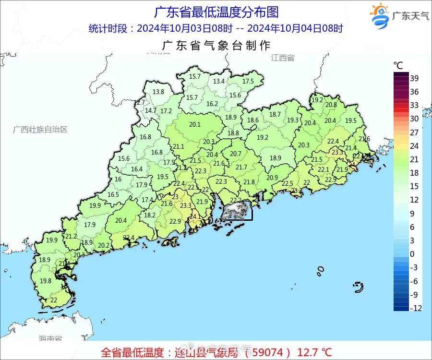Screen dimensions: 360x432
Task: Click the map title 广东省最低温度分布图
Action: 216,12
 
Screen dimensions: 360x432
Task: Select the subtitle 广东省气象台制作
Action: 216,46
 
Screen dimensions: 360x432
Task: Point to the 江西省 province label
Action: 282,58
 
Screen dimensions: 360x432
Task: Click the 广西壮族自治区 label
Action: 40,130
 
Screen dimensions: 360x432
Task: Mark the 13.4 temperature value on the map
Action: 219,82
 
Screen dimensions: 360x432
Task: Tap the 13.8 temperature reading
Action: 158,92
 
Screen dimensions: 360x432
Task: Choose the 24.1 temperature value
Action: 195,216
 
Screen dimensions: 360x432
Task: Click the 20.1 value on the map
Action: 195,124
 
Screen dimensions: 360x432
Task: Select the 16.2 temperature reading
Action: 212,104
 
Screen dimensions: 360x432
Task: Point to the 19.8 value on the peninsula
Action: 46,281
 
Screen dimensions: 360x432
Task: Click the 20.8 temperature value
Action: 331,105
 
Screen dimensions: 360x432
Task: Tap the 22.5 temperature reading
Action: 287,184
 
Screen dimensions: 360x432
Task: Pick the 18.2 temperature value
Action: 150,216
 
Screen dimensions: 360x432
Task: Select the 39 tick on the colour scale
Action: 415,78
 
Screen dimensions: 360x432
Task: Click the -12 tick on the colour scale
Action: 416,308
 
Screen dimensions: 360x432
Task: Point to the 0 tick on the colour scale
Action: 412,253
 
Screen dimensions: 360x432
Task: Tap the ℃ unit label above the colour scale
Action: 398,65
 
